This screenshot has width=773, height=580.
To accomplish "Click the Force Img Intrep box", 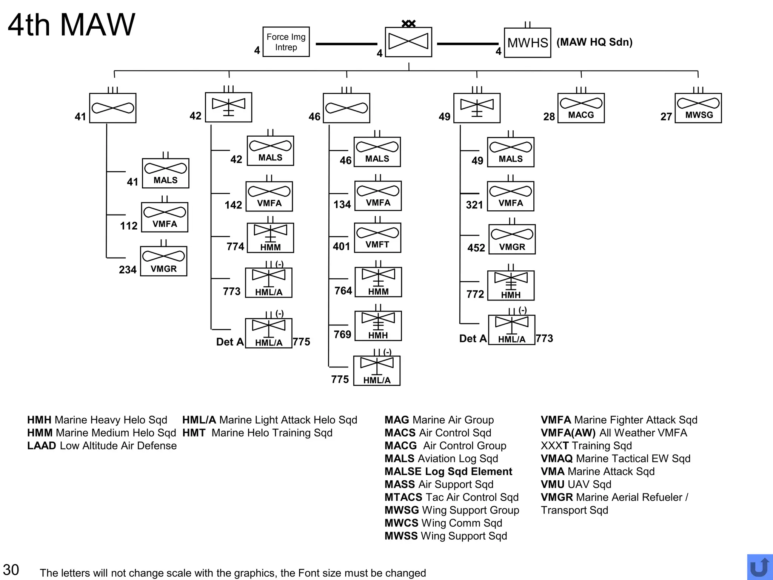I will pyautogui.click(x=286, y=42).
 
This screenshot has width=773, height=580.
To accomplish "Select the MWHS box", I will pyautogui.click(x=527, y=43).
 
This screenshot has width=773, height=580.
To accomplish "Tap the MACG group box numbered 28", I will pyautogui.click(x=581, y=108).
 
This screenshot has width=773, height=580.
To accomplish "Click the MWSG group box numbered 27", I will pyautogui.click(x=698, y=108).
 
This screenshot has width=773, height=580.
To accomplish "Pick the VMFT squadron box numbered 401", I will pyautogui.click(x=377, y=238).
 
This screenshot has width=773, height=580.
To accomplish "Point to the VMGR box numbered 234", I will pyautogui.click(x=163, y=261).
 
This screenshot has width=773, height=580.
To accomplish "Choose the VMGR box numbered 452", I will pyautogui.click(x=512, y=239).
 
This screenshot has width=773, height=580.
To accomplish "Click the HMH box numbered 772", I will pyautogui.click(x=511, y=285).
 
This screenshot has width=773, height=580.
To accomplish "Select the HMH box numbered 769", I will pyautogui.click(x=378, y=326).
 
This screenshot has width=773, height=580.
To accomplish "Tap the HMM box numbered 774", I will pyautogui.click(x=270, y=238).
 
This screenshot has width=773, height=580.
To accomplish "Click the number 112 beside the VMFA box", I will pyautogui.click(x=129, y=226).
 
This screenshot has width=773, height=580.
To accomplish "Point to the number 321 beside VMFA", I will pyautogui.click(x=474, y=205).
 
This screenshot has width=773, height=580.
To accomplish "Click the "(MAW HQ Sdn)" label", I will pyautogui.click(x=594, y=42).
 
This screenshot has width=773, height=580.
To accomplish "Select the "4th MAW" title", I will pyautogui.click(x=71, y=25).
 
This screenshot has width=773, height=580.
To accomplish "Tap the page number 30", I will pyautogui.click(x=11, y=569).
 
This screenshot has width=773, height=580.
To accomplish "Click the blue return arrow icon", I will pyautogui.click(x=759, y=567).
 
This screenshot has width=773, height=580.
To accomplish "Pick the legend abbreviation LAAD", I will pyautogui.click(x=42, y=446).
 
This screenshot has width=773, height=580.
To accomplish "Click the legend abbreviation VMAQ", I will pyautogui.click(x=557, y=458).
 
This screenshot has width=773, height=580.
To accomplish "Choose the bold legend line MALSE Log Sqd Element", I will pyautogui.click(x=448, y=471).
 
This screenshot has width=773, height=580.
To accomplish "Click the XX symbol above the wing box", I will pyautogui.click(x=408, y=24).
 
